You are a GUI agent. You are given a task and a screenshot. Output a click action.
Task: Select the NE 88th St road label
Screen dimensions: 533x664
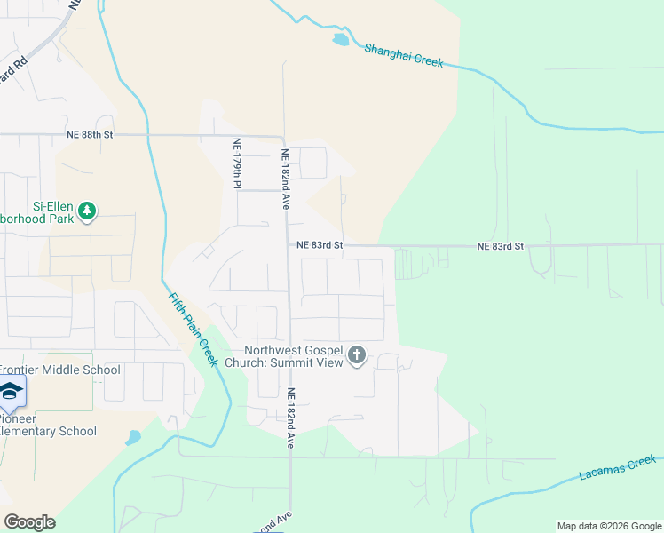[x=91, y=135]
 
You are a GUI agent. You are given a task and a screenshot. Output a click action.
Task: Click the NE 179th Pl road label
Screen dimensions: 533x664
[x=237, y=163]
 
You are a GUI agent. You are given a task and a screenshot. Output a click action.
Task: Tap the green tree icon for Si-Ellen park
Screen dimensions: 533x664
[x=87, y=211]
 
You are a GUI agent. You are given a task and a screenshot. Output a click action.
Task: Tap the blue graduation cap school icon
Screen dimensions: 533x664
[x=11, y=392]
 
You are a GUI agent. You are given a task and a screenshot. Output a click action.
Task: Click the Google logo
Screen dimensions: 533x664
[x=29, y=522]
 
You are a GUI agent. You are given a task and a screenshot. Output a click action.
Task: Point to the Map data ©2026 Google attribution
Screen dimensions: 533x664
[x=609, y=526]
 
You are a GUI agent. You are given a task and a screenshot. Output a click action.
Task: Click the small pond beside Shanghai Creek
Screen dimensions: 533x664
[x=340, y=40]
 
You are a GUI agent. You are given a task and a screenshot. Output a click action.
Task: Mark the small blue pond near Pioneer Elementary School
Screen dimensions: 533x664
[x=133, y=437]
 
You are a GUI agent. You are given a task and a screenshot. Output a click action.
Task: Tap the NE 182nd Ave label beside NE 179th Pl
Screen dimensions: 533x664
[x=286, y=178]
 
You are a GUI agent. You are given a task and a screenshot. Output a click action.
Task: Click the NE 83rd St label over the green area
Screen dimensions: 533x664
[x=501, y=245]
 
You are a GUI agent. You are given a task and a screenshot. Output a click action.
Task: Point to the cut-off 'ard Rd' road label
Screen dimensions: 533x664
[x=15, y=69]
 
